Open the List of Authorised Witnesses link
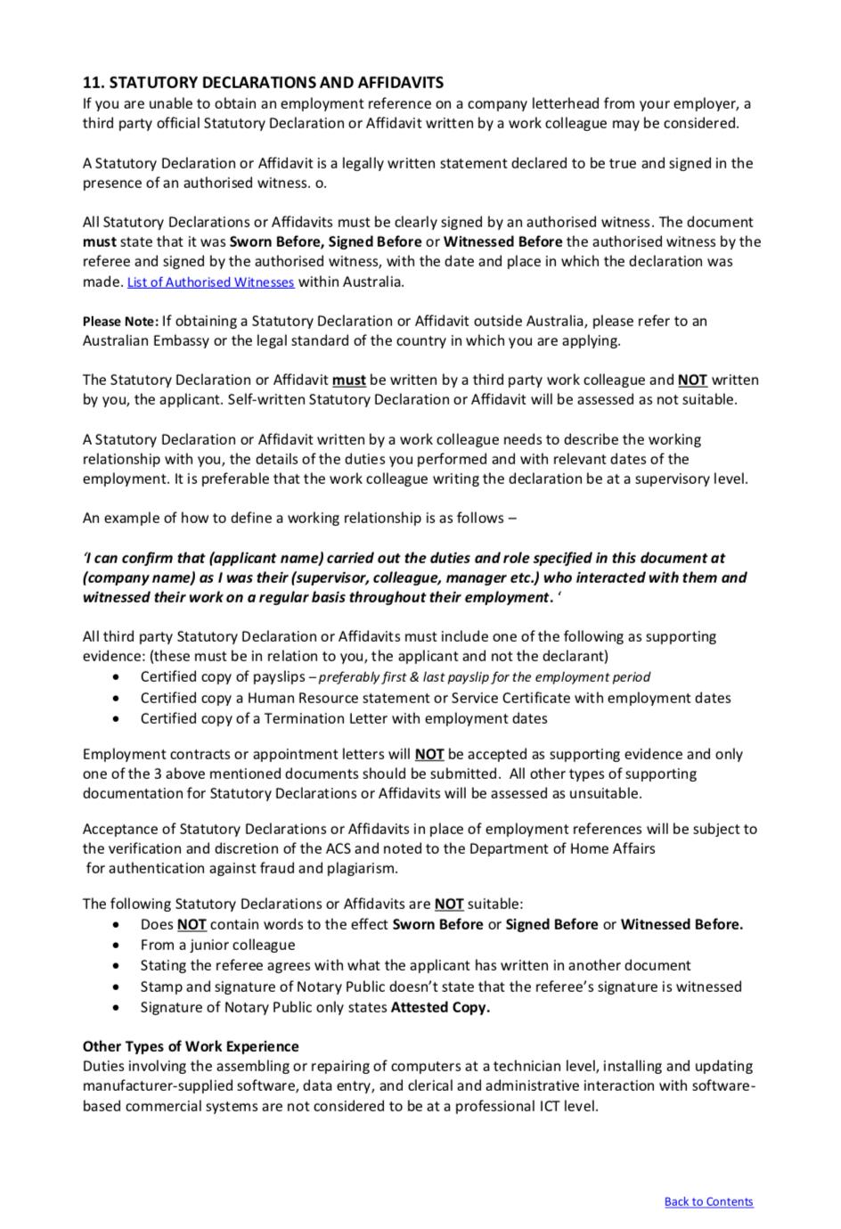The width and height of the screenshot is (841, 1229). point(210,283)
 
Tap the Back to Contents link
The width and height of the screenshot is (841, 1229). point(708,1201)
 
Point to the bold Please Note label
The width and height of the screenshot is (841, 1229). point(120,322)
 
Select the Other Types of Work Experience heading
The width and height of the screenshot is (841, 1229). point(191,1046)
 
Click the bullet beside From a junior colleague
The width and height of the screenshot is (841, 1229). point(117,946)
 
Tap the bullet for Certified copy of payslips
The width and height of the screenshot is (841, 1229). point(117,677)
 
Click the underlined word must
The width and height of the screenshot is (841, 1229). point(348,380)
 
